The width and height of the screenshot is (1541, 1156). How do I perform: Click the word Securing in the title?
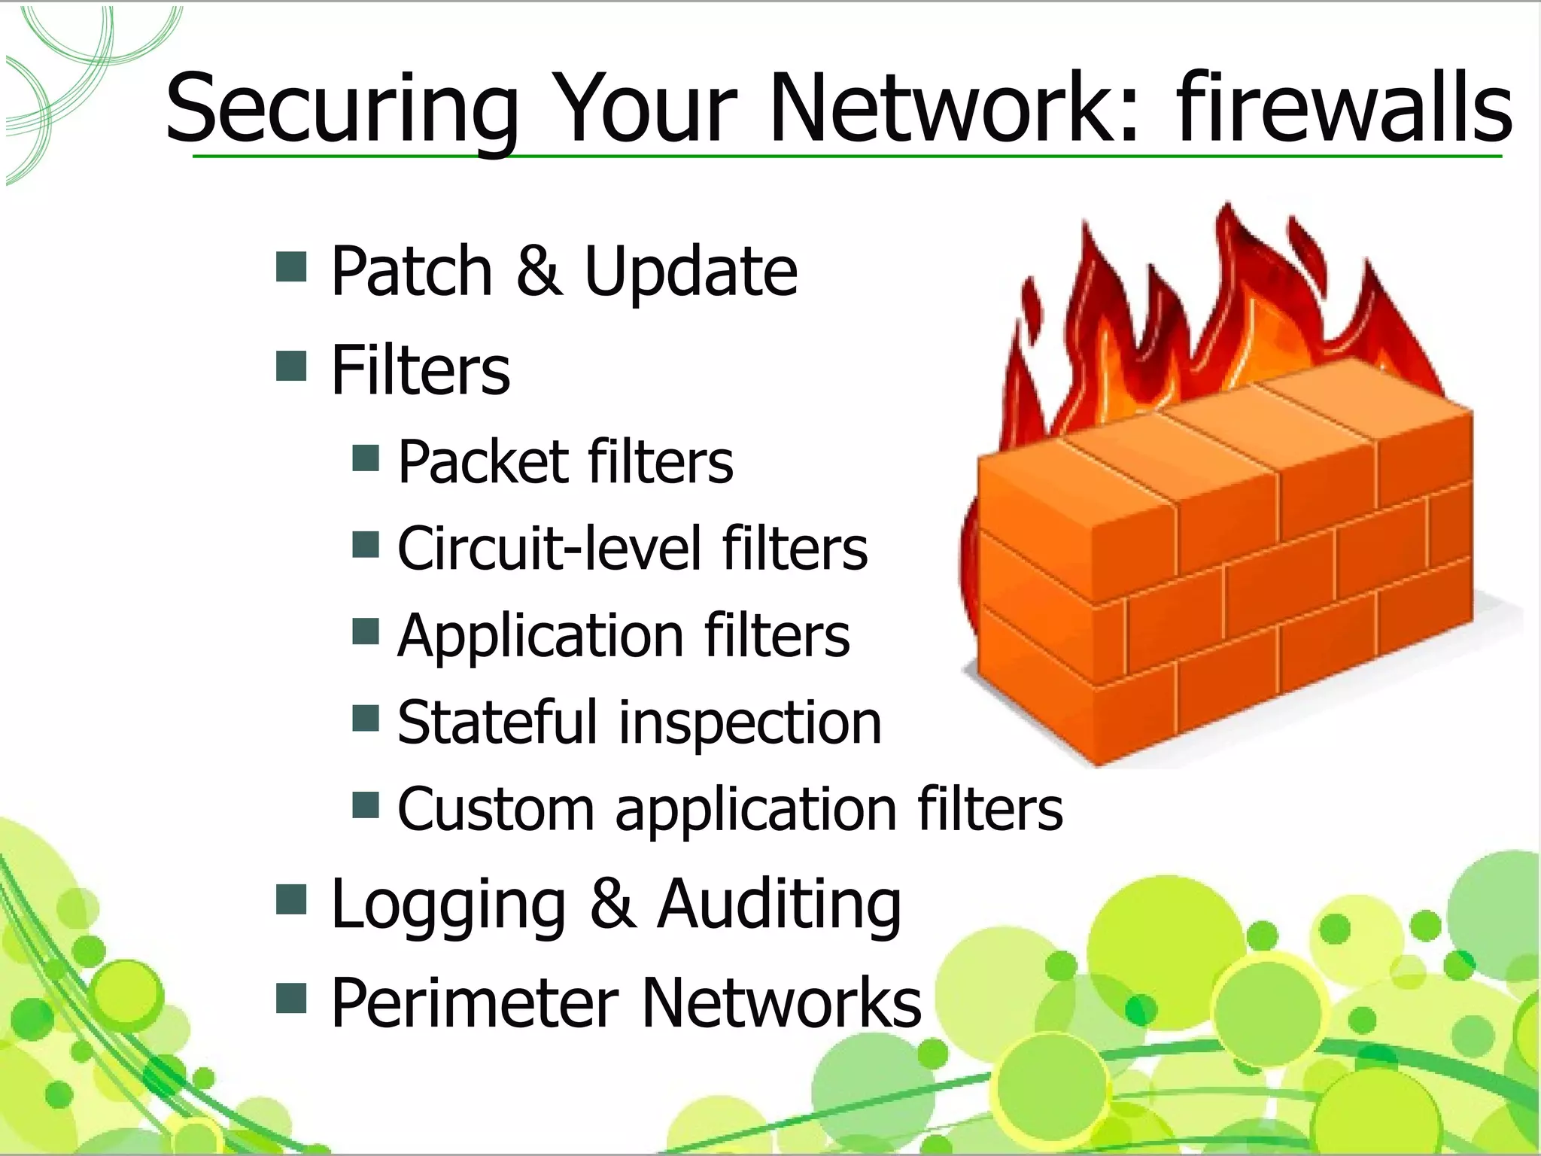point(342,110)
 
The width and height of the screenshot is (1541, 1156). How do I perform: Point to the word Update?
point(691,272)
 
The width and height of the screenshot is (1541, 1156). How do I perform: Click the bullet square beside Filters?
point(291,366)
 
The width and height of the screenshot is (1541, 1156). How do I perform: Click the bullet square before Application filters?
point(366,632)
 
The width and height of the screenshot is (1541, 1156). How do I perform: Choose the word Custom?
point(496,809)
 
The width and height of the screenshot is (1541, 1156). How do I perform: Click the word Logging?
point(448,905)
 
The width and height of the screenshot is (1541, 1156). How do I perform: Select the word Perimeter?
point(475,1002)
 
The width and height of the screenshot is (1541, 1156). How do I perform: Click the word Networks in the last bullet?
point(782,1002)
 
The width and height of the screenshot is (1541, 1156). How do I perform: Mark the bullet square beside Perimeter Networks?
point(291,999)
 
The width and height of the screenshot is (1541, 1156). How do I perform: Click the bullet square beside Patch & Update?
point(291,266)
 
